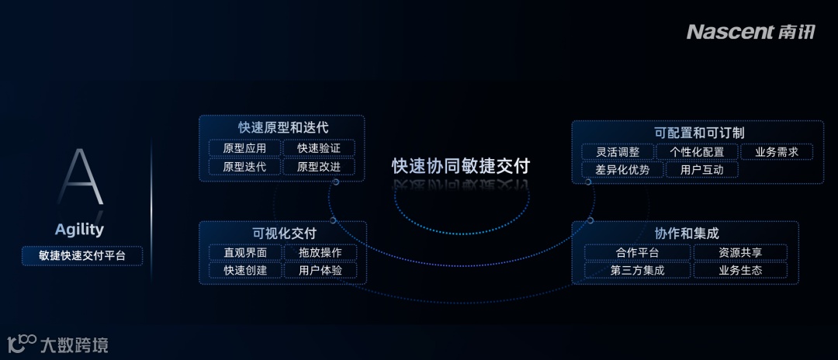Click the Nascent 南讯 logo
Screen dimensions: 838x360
point(752,32)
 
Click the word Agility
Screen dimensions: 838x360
point(79,230)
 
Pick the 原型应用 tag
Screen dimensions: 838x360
point(244,147)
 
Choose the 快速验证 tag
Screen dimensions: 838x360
point(319,147)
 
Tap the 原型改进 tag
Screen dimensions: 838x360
point(319,167)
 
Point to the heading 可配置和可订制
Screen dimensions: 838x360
point(699,133)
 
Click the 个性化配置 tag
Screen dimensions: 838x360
point(697,152)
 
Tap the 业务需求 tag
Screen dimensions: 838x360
point(777,152)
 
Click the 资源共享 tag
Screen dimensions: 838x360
point(740,252)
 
